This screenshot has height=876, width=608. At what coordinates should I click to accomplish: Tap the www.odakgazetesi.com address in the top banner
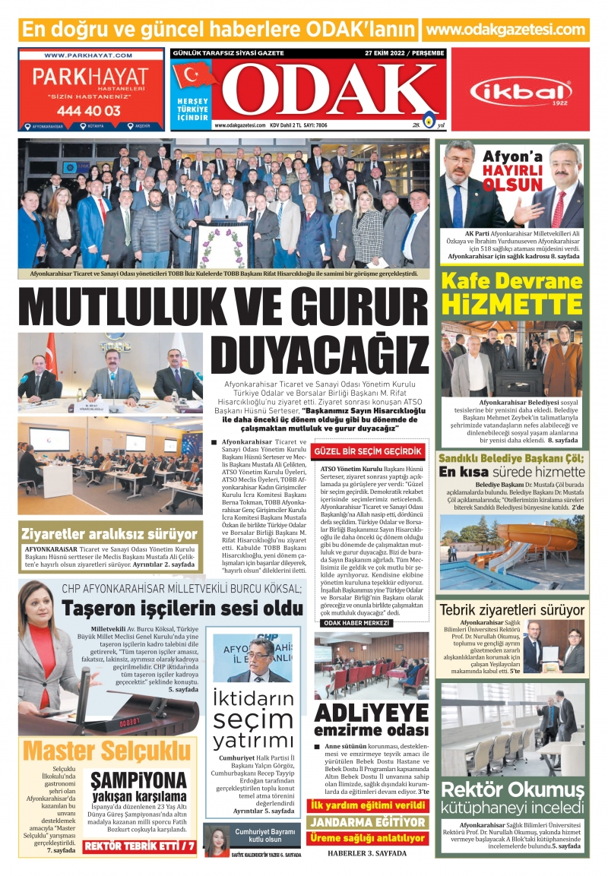(506, 30)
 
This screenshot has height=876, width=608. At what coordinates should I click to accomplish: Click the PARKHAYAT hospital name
(90, 77)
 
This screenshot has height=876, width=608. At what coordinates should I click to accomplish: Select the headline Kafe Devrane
(511, 282)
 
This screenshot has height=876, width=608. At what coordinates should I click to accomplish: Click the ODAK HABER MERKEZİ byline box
(357, 623)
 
